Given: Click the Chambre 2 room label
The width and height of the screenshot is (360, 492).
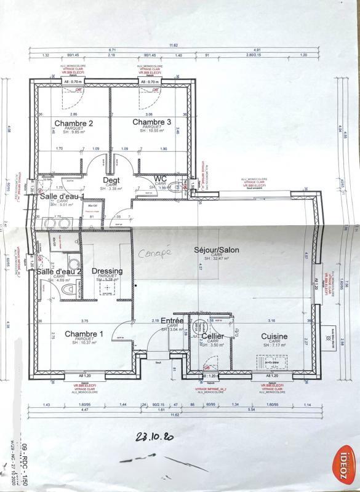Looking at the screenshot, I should tap(74, 123).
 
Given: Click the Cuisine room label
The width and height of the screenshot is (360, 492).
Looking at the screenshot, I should tap(274, 336).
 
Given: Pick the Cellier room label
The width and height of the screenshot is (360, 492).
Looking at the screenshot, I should tap(212, 336).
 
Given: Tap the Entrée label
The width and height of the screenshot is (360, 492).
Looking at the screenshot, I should tap(172, 321).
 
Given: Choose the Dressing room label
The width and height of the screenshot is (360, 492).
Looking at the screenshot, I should tap(107, 271).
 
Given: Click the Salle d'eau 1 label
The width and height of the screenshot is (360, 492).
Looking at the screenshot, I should tap(62, 197).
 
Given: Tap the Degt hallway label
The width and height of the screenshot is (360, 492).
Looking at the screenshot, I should tap(111, 180).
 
